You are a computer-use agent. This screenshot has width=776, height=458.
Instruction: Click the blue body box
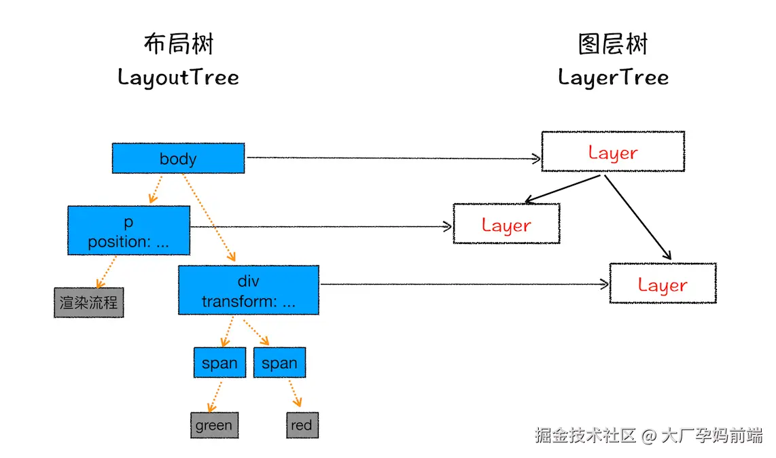pos(178,158)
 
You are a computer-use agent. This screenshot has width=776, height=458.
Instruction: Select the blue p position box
pos(128,231)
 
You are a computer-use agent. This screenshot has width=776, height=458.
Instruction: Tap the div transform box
pos(249,291)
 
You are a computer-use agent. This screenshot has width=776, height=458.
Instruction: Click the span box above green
pos(219,363)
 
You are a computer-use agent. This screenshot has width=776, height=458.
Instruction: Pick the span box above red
pos(279,363)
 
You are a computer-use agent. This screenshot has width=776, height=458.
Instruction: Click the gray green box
pos(214,425)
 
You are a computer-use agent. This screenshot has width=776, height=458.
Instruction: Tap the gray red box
pos(302,425)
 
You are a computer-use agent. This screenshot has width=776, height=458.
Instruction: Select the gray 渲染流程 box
pos(88,302)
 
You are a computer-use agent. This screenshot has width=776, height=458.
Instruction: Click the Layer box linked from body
pos(613,152)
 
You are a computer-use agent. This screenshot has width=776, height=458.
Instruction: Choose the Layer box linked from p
pos(506,224)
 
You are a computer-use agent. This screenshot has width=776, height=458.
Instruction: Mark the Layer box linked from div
pos(663,284)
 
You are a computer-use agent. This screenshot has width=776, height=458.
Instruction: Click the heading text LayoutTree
pos(178,77)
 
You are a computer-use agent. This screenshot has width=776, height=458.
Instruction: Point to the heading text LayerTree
pos(613,77)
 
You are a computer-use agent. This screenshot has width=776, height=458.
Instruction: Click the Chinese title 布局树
pos(178,44)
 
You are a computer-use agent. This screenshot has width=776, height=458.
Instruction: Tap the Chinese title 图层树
pos(613,44)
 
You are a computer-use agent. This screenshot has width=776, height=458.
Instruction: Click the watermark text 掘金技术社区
pos(584,435)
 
